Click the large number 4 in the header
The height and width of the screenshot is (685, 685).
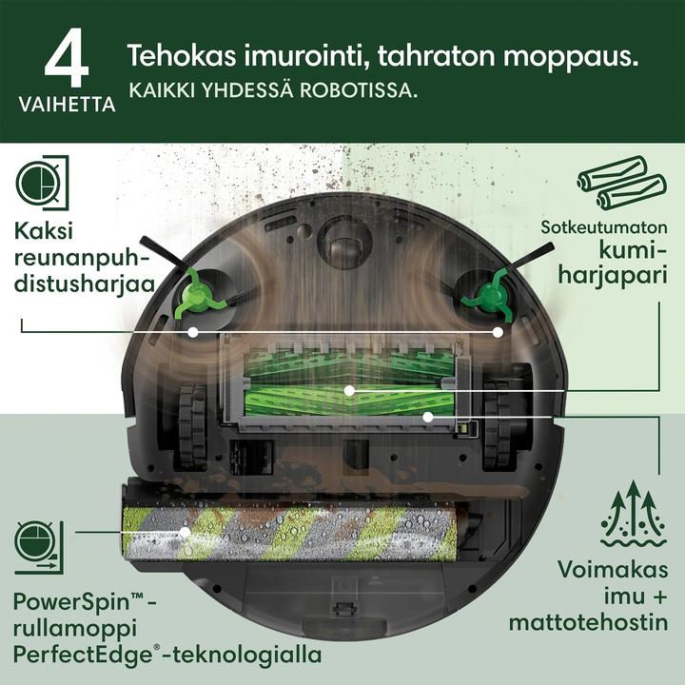(67, 58)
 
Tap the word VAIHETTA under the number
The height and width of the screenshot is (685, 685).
(67, 105)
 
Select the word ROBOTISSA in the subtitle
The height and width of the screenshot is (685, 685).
(359, 90)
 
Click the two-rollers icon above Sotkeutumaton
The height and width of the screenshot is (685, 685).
(622, 184)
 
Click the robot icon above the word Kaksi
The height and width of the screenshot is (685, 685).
(43, 183)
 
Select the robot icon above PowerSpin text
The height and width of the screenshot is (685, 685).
(39, 547)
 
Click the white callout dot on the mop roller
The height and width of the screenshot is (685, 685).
(186, 532)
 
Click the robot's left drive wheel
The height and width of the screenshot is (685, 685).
(192, 423)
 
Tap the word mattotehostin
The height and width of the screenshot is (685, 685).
(588, 622)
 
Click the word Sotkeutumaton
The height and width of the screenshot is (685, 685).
(604, 227)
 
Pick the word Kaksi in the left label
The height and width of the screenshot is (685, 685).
(44, 230)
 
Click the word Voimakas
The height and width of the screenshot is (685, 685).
(613, 570)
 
